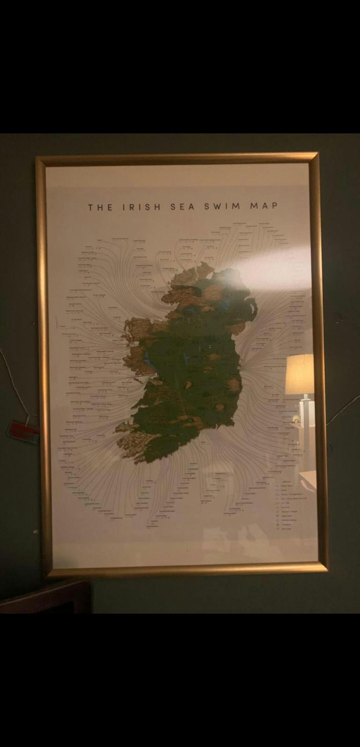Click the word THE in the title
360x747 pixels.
100,207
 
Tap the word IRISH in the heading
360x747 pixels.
141,207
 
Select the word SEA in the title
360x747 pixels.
182,207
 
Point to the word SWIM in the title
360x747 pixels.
222,206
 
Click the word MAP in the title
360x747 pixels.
264,206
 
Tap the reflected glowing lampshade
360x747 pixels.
300,374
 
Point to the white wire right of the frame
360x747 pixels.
345,408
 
